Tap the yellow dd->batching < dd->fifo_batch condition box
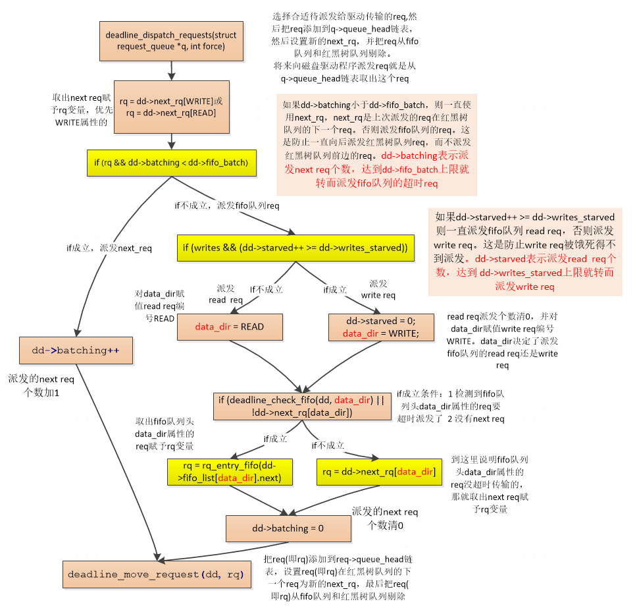pos(170,163)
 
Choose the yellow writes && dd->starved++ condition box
pos(294,248)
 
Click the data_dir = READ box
pos(230,327)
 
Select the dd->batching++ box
pos(76,350)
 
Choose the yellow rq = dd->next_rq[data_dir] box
pos(378,472)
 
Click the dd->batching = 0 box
pos(288,528)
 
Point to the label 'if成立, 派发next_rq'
pos(109,248)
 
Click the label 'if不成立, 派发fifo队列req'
pos(226,206)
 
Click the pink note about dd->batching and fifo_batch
pos(376,144)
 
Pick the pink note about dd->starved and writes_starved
pos(524,251)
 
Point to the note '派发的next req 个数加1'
pos(41,385)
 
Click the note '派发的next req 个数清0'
pos(385,518)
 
